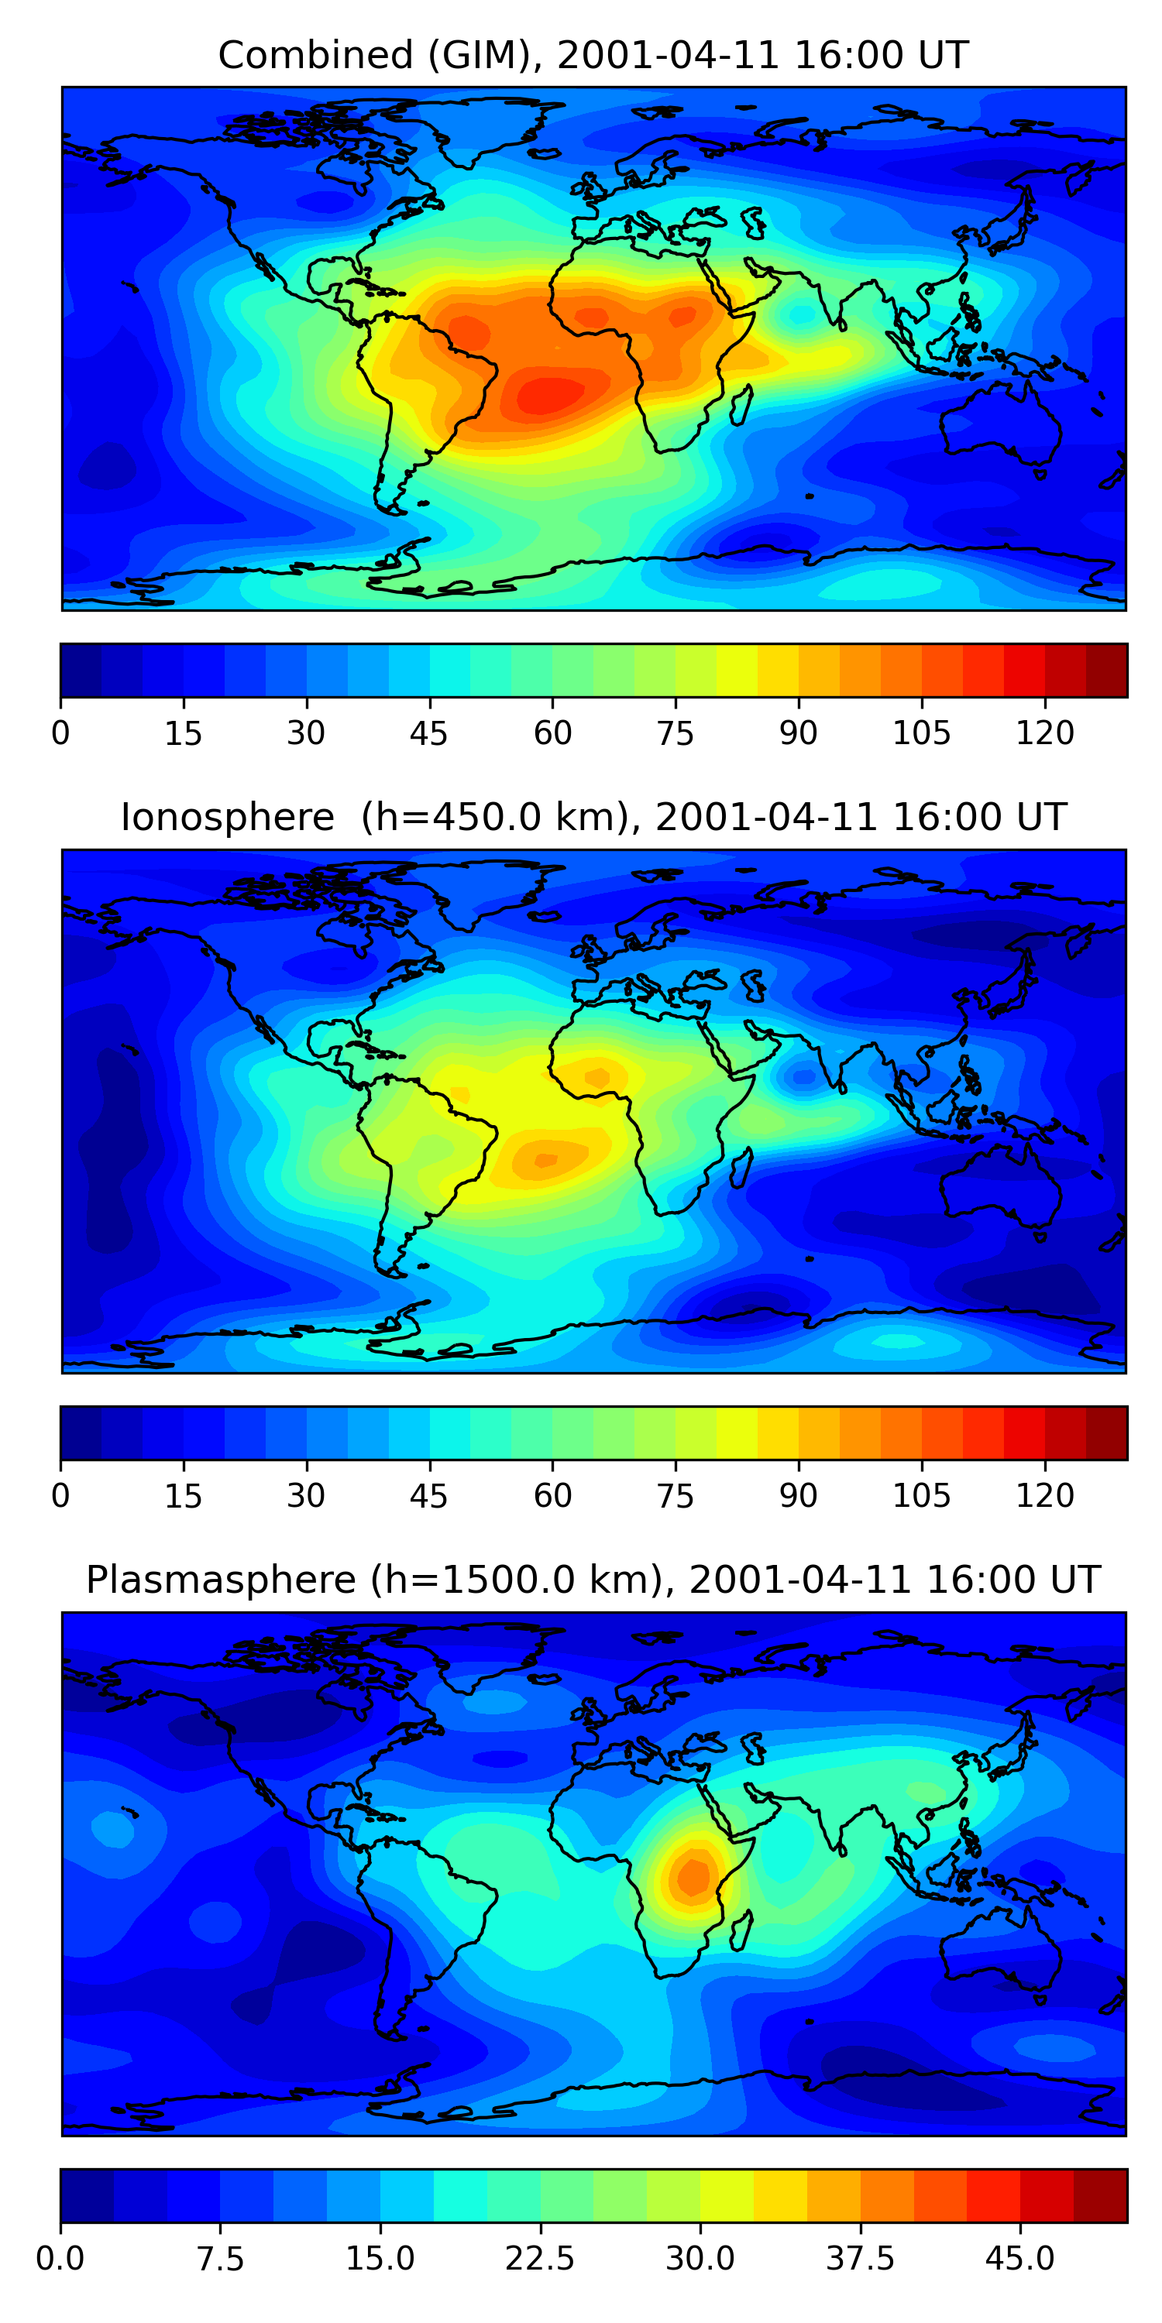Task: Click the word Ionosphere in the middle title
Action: point(227,817)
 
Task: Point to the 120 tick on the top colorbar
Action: point(1045,733)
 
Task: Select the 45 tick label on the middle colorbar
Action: point(428,1495)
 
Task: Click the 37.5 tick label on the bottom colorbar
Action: point(860,2257)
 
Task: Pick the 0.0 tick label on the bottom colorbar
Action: point(60,2257)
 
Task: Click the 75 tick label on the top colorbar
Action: point(675,733)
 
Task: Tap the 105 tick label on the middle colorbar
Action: point(921,1495)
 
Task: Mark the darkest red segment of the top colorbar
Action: point(1106,670)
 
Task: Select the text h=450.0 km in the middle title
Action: point(493,817)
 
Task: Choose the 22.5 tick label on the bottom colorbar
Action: point(539,2257)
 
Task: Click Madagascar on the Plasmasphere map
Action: point(741,1930)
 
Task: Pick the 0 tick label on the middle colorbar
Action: point(60,1495)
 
